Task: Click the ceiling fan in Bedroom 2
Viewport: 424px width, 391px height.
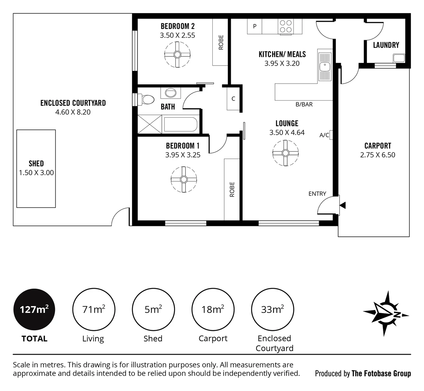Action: (177, 55)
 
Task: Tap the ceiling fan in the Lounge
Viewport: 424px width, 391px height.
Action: (285, 153)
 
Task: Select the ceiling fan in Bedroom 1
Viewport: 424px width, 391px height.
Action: (184, 180)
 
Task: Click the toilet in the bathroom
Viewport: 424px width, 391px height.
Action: (146, 99)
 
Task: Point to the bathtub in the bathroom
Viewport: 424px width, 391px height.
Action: (181, 125)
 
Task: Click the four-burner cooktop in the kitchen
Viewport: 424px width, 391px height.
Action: (286, 26)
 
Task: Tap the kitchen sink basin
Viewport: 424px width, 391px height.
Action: (324, 66)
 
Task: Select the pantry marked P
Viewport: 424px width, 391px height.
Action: (255, 26)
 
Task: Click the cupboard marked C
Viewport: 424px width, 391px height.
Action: (233, 99)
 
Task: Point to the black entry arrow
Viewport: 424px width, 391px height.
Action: (343, 205)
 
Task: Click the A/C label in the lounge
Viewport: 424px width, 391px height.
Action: (324, 135)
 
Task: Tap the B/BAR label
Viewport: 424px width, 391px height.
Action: (304, 104)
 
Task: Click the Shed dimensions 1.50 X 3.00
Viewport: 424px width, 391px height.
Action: (36, 173)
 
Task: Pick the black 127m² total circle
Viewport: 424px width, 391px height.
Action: (34, 309)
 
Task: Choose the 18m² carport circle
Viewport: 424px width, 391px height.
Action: (213, 309)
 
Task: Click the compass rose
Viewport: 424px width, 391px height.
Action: (386, 314)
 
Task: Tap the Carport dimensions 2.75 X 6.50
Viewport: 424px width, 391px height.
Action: (377, 155)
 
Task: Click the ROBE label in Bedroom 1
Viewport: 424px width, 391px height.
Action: (232, 189)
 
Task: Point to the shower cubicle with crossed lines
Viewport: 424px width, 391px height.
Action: (150, 124)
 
